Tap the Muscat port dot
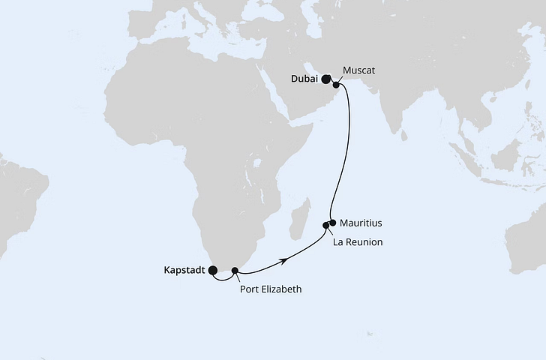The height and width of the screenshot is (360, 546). pos(336,85)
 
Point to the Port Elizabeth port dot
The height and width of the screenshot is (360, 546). pos(235,270)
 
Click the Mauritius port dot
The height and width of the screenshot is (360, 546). pos(332,222)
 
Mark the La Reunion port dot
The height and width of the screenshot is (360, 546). pos(326,225)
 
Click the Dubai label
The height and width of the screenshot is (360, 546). pos(304,76)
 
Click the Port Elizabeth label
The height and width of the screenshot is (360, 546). pos(270,289)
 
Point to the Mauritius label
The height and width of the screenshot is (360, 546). pos(361,223)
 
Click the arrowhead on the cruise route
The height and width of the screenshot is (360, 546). pos(286,259)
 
